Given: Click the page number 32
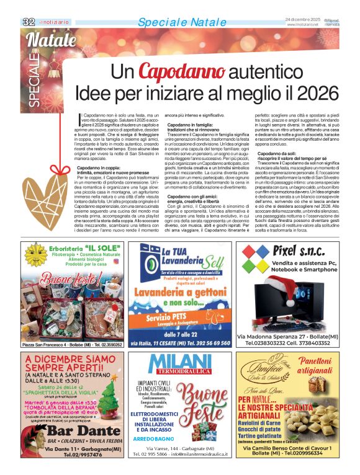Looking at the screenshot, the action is tap(29, 22).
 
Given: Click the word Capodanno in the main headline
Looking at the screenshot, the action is tap(174, 73).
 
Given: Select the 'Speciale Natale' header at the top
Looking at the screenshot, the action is tap(173, 22).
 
